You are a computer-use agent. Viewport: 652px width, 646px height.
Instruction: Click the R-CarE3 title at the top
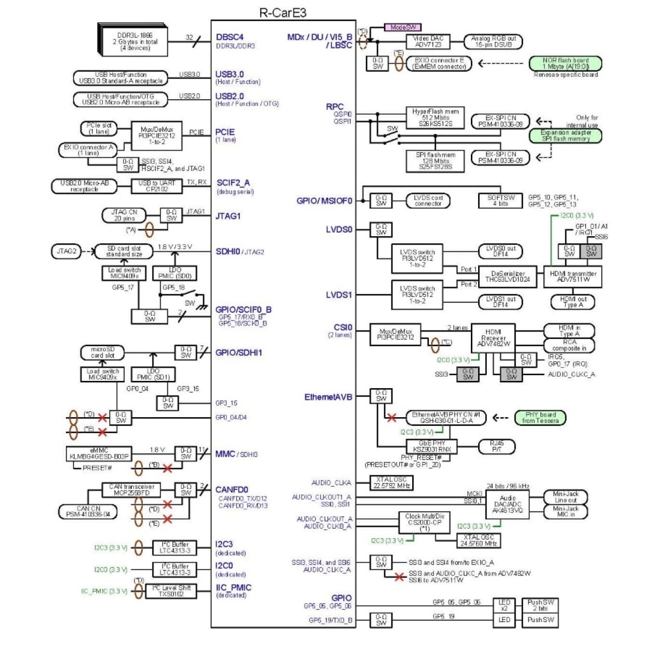(x=283, y=12)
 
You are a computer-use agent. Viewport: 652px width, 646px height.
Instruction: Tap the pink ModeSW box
(x=402, y=27)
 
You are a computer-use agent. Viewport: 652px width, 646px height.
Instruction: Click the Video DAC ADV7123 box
(x=428, y=42)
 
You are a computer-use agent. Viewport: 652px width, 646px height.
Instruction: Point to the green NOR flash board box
(x=565, y=63)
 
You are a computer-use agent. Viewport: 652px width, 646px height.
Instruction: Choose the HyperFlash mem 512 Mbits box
(x=435, y=118)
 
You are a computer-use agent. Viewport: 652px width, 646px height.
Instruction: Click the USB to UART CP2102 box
(x=157, y=186)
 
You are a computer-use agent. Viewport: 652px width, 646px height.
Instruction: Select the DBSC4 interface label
(x=229, y=37)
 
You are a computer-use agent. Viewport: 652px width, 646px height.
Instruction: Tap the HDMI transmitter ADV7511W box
(x=573, y=277)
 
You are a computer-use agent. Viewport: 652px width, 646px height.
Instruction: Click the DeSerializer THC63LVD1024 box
(x=507, y=277)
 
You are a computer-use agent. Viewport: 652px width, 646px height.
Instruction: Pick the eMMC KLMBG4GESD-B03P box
(x=99, y=453)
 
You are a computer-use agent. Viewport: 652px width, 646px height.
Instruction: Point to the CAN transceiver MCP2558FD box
(x=131, y=490)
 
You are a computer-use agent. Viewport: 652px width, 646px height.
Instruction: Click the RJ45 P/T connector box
(x=496, y=446)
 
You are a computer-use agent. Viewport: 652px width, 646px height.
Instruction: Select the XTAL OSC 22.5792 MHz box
(x=390, y=483)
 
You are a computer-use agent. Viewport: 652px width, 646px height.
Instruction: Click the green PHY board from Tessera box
(x=540, y=418)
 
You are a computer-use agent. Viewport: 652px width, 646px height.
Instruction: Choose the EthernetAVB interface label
(x=328, y=397)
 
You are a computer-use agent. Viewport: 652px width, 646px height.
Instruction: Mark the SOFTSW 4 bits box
(x=500, y=200)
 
